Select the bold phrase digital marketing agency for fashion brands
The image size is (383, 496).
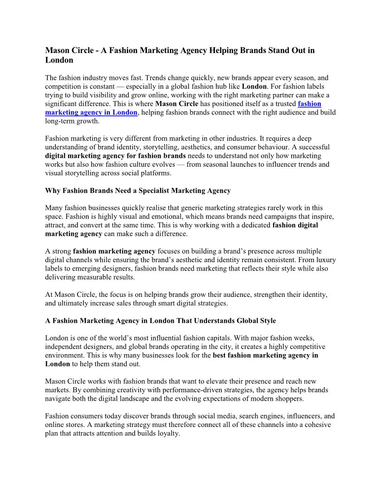(115, 155)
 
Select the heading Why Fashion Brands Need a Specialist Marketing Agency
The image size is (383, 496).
(138, 190)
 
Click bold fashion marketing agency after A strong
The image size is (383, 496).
(114, 251)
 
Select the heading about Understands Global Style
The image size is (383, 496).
(161, 321)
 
